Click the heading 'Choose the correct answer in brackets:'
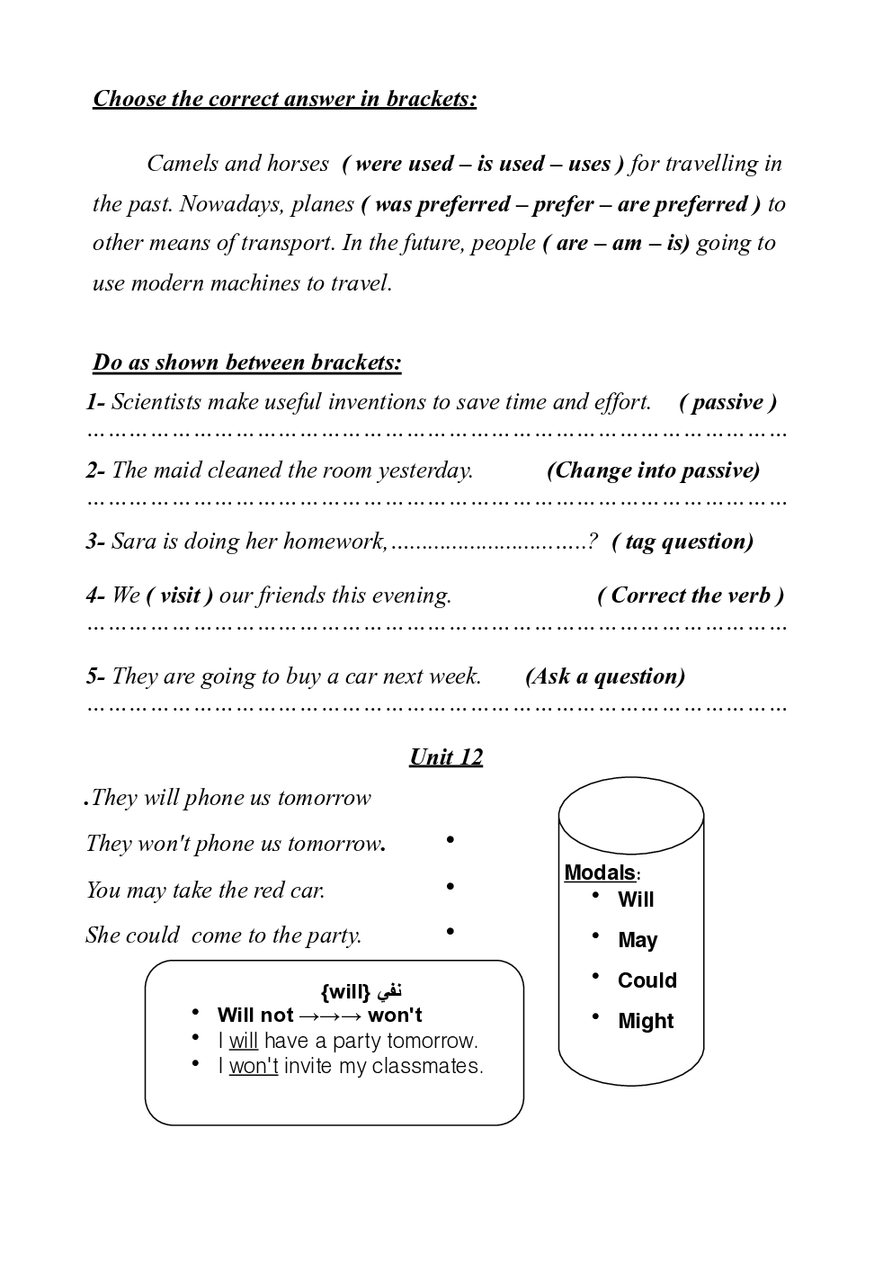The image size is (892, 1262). [x=284, y=98]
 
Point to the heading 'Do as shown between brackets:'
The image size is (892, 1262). [x=247, y=362]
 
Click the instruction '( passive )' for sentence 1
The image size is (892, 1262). [x=727, y=402]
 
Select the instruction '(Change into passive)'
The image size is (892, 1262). [x=653, y=470]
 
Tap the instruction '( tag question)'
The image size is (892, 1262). [x=682, y=541]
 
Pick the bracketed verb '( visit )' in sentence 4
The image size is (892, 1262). [x=180, y=595]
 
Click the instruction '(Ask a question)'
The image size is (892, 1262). [x=605, y=676]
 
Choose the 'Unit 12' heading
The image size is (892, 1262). [x=446, y=756]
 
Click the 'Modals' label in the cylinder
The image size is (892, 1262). [x=600, y=873]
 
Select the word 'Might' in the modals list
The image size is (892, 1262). [x=646, y=1021]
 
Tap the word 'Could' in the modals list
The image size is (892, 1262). [x=647, y=980]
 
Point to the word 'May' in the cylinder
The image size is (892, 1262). [x=638, y=940]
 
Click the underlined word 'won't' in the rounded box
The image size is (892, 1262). [x=254, y=1067]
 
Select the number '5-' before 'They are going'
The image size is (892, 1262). [x=96, y=676]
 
